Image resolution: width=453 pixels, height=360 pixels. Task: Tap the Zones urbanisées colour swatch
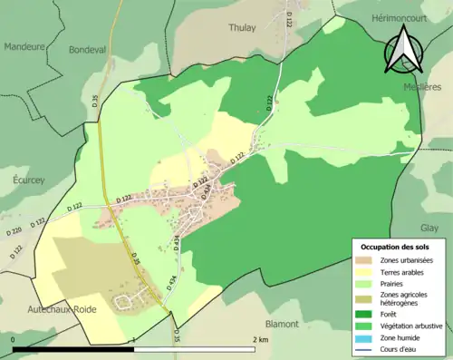coord(366,261)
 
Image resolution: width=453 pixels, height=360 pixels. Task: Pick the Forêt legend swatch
coord(366,315)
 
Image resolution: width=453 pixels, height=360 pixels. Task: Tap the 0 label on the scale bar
coord(14,339)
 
